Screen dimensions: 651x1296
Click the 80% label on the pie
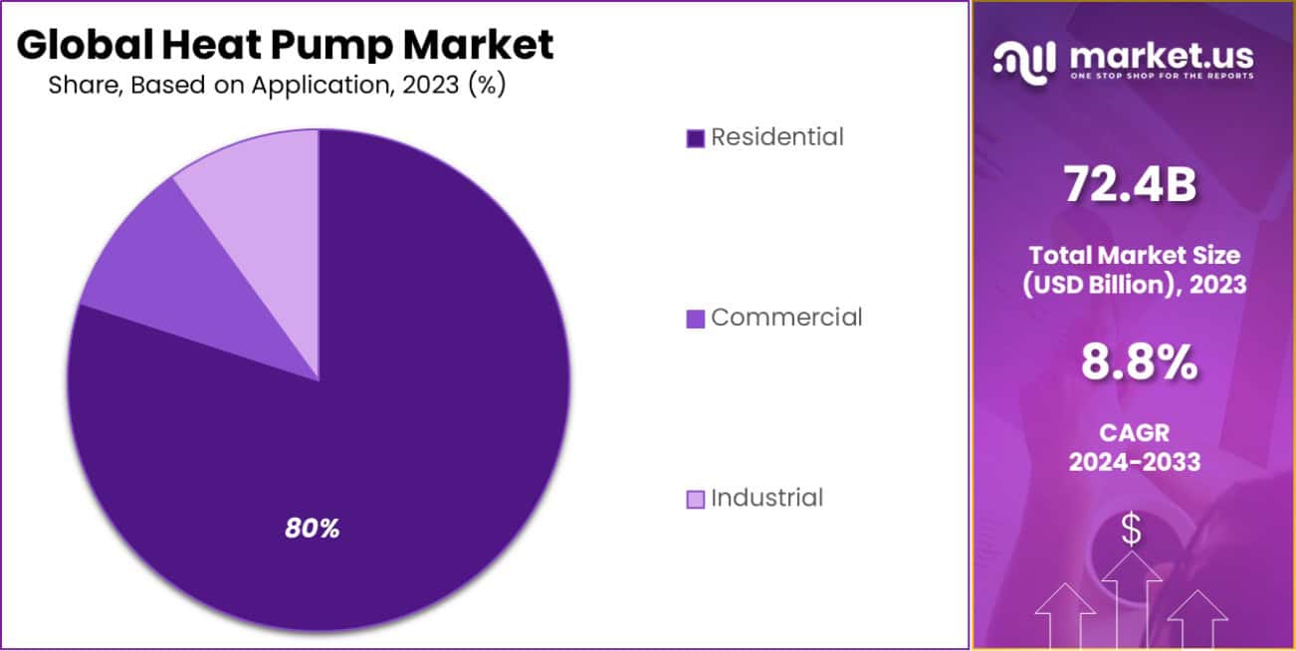pyautogui.click(x=313, y=529)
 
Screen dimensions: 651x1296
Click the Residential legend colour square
pyautogui.click(x=696, y=138)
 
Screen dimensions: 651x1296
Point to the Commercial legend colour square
pyautogui.click(x=696, y=319)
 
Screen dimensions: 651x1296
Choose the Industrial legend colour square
pyautogui.click(x=696, y=499)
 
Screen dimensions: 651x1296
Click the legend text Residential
pyautogui.click(x=777, y=137)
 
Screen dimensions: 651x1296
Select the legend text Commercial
pyautogui.click(x=786, y=318)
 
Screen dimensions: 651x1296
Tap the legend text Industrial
pyautogui.click(x=767, y=498)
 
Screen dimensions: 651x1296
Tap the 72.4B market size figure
pyautogui.click(x=1130, y=184)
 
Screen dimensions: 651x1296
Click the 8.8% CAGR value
pyautogui.click(x=1139, y=364)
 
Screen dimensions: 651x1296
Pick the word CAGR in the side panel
pyautogui.click(x=1134, y=434)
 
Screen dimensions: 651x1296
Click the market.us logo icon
pyautogui.click(x=1024, y=61)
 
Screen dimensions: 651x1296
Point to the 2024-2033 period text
pyautogui.click(x=1134, y=463)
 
